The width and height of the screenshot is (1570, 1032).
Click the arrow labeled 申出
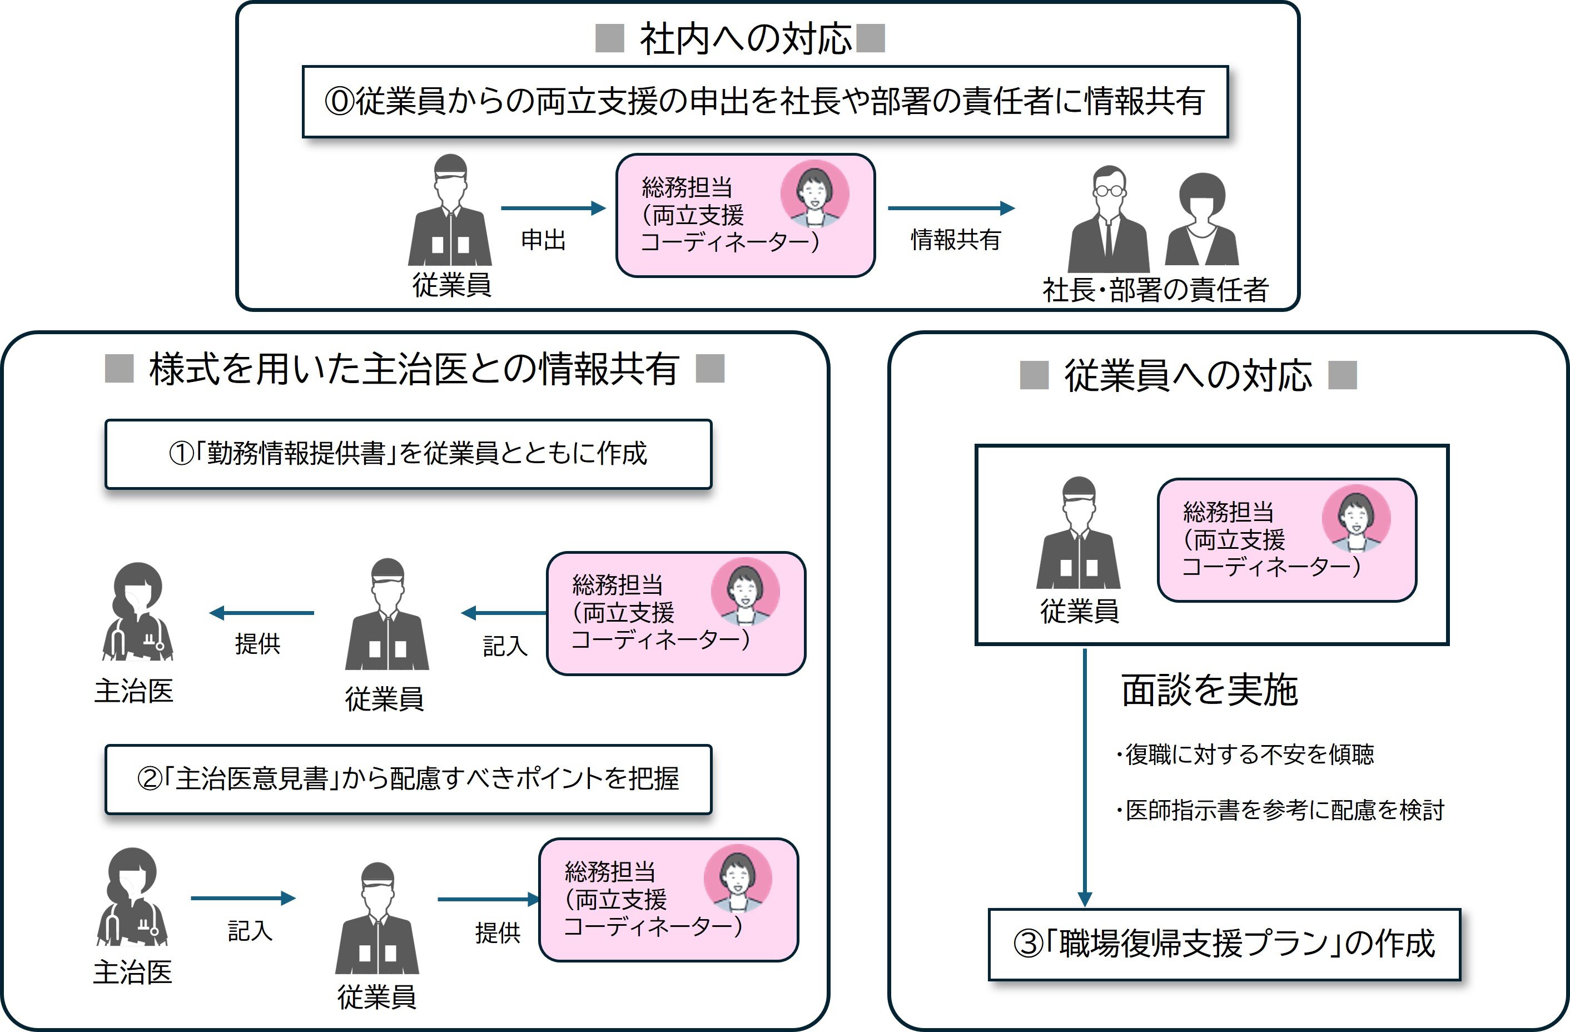pos(553,209)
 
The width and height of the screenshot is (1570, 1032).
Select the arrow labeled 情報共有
pos(951,209)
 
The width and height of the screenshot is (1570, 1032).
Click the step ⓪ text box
pos(764,102)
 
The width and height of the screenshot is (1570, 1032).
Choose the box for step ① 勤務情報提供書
pos(408,454)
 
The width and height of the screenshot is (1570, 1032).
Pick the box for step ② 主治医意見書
pos(408,779)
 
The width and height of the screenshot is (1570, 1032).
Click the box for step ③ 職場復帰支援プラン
pos(1224,944)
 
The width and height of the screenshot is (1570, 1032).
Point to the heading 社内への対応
pos(746,39)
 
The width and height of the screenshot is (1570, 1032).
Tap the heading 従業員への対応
pos(1188,376)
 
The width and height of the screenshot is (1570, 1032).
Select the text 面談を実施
pos(1209,690)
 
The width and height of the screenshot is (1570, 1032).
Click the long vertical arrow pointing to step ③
pos(1085,778)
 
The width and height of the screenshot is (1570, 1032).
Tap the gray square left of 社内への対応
pos(609,38)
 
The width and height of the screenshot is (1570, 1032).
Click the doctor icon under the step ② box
pos(132,897)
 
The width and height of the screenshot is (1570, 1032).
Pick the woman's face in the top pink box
pos(814,193)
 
